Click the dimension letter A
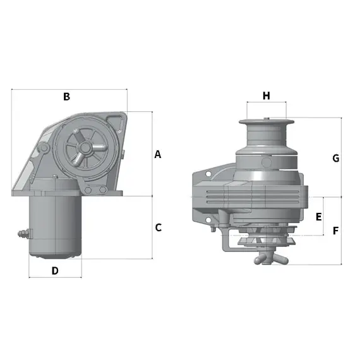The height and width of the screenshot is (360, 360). tap(158, 154)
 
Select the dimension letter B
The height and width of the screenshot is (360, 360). tap(66, 97)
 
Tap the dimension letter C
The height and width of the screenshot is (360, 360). tap(159, 227)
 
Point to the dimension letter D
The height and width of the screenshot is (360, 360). tap(55, 270)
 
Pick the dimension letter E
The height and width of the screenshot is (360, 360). tap(319, 216)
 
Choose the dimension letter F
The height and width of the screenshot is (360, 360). tap(335, 231)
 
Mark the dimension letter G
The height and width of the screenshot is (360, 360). tap(335, 158)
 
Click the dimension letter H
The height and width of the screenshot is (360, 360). tap(266, 96)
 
